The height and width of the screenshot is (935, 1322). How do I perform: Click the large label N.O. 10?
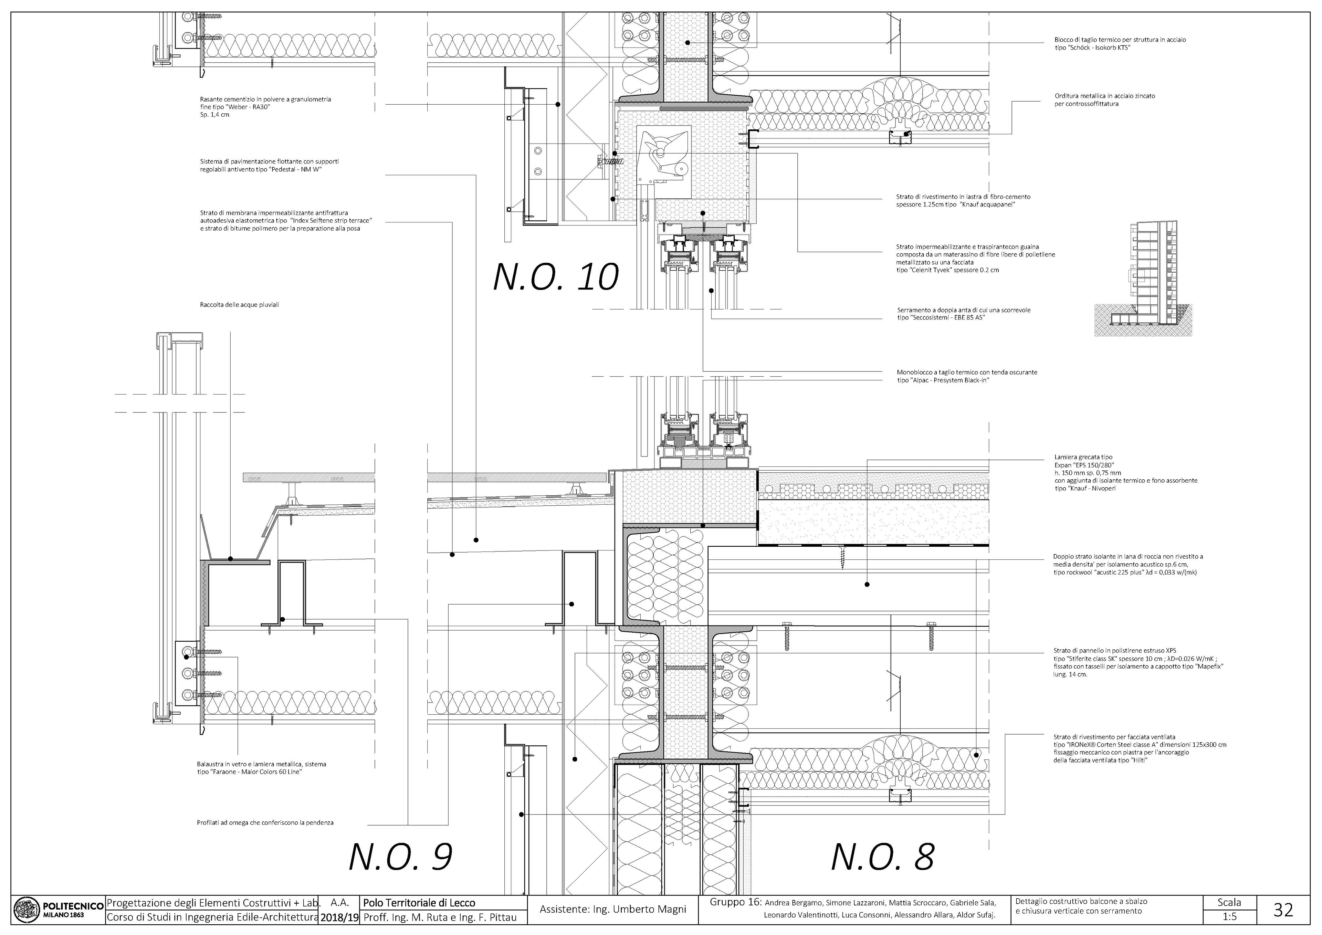[556, 277]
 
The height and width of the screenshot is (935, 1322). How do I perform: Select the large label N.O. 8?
[883, 857]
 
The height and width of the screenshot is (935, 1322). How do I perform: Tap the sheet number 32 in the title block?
[1283, 910]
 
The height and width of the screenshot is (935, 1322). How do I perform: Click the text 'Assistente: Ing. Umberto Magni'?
[613, 910]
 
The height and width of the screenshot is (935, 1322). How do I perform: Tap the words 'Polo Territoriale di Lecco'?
[420, 903]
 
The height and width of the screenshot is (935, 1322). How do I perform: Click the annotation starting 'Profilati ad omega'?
[265, 823]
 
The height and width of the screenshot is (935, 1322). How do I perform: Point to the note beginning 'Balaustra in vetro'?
[261, 768]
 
